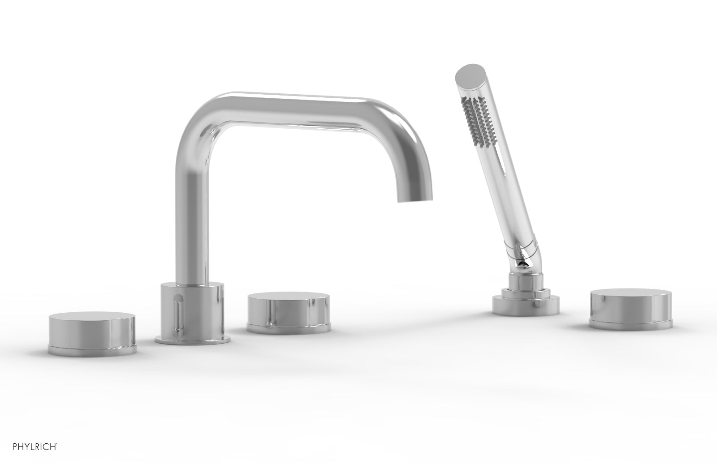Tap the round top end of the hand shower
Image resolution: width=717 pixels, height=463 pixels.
[469, 73]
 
